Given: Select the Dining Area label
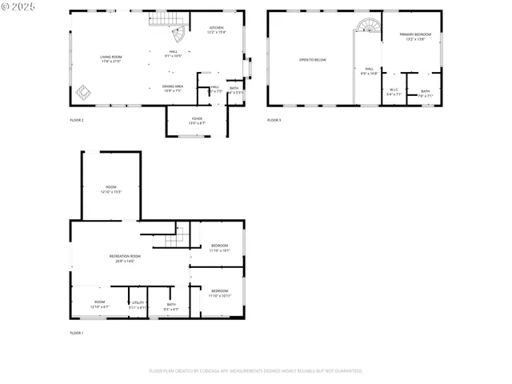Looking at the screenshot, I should click(173, 88).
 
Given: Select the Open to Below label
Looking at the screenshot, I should click(313, 60).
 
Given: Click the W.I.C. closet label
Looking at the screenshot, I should click(394, 92).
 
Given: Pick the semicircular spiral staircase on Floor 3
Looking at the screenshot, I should click(369, 26).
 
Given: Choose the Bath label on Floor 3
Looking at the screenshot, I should click(425, 93).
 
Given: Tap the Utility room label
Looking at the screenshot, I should click(138, 305).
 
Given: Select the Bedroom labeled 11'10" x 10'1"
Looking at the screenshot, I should click(220, 248).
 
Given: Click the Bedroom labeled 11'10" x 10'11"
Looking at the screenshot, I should click(220, 293).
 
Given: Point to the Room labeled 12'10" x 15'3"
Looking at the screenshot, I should click(111, 189).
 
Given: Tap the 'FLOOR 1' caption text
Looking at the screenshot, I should click(77, 332).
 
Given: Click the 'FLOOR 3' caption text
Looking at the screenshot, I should click(274, 120).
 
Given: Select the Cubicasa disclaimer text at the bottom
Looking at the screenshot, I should click(255, 370).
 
